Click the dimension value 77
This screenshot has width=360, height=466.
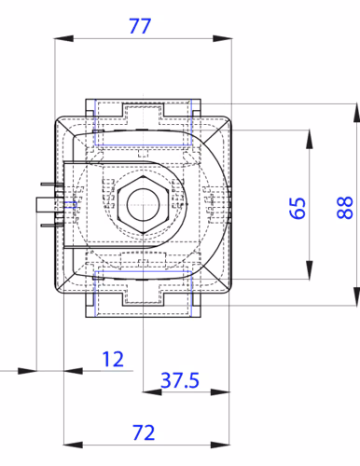(140, 26)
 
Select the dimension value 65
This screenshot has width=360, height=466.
(298, 208)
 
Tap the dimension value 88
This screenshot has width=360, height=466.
(345, 208)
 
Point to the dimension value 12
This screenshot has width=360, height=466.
(113, 359)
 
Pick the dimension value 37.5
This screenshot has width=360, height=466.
(180, 380)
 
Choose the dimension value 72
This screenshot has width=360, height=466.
(144, 432)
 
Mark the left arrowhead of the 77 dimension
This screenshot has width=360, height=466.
(64, 39)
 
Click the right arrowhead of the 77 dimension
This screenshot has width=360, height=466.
(222, 39)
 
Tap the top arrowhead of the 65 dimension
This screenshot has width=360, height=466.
(310, 139)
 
